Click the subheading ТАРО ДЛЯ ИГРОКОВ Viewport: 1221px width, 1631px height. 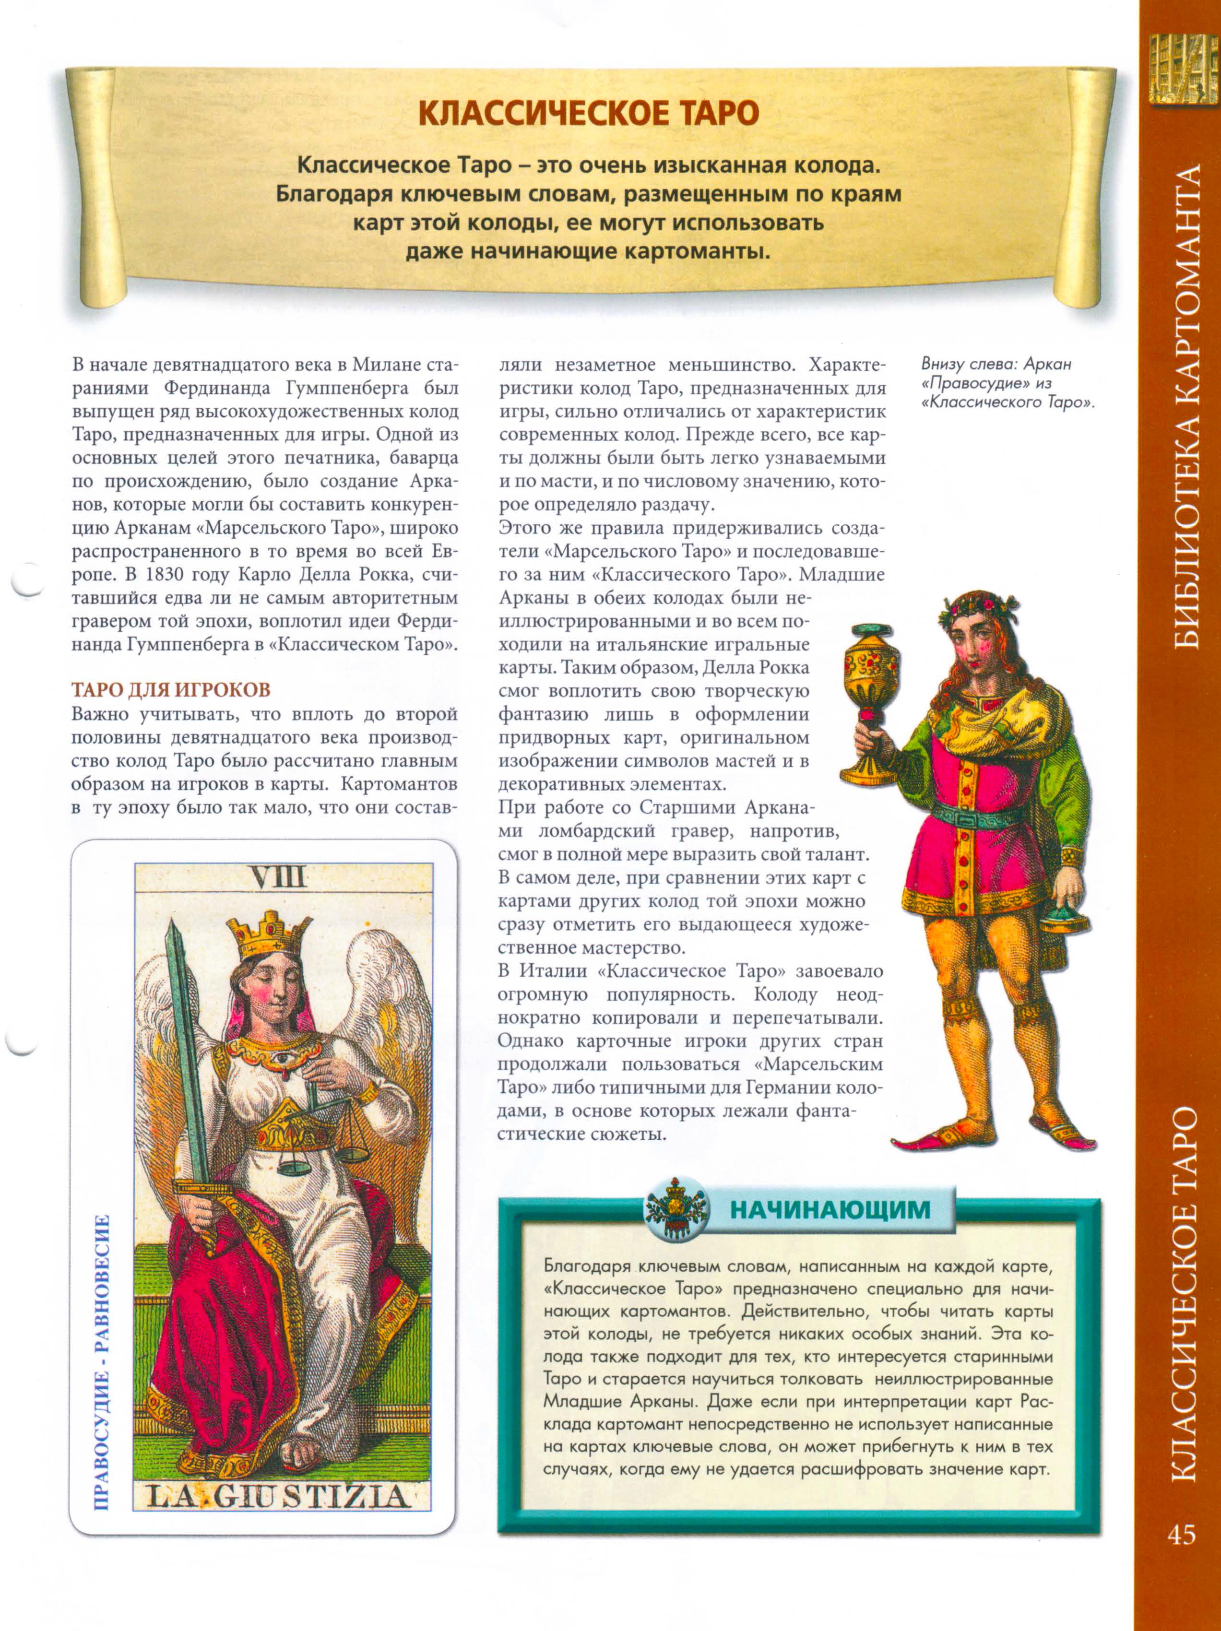coord(171,690)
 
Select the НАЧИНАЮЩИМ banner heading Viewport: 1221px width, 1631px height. coord(830,1210)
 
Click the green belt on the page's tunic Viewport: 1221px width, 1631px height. coord(974,813)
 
